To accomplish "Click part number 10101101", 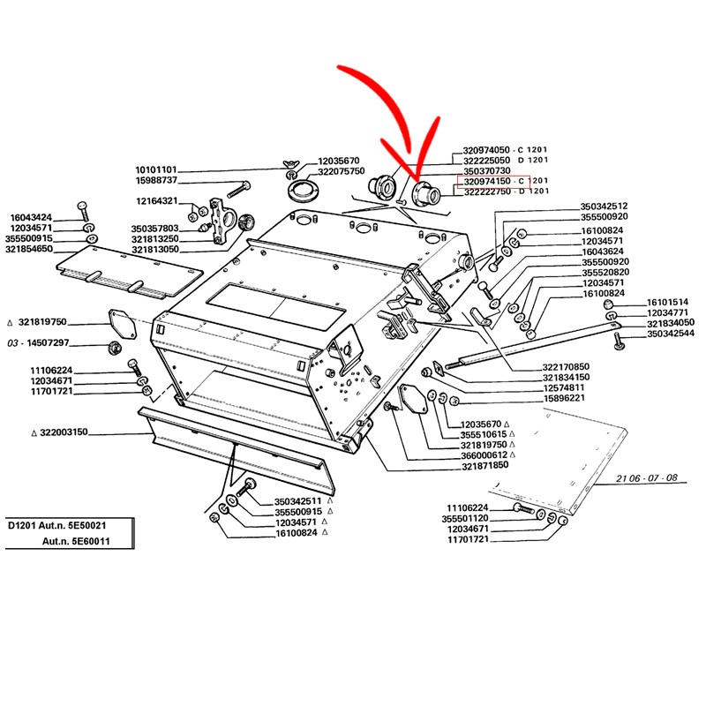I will tap(155, 169).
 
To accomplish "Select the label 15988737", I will tap(155, 181).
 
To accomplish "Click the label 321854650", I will tap(29, 250).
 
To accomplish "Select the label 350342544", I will tap(671, 334).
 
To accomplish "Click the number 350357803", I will tap(155, 229).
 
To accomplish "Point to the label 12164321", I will tap(155, 201).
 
